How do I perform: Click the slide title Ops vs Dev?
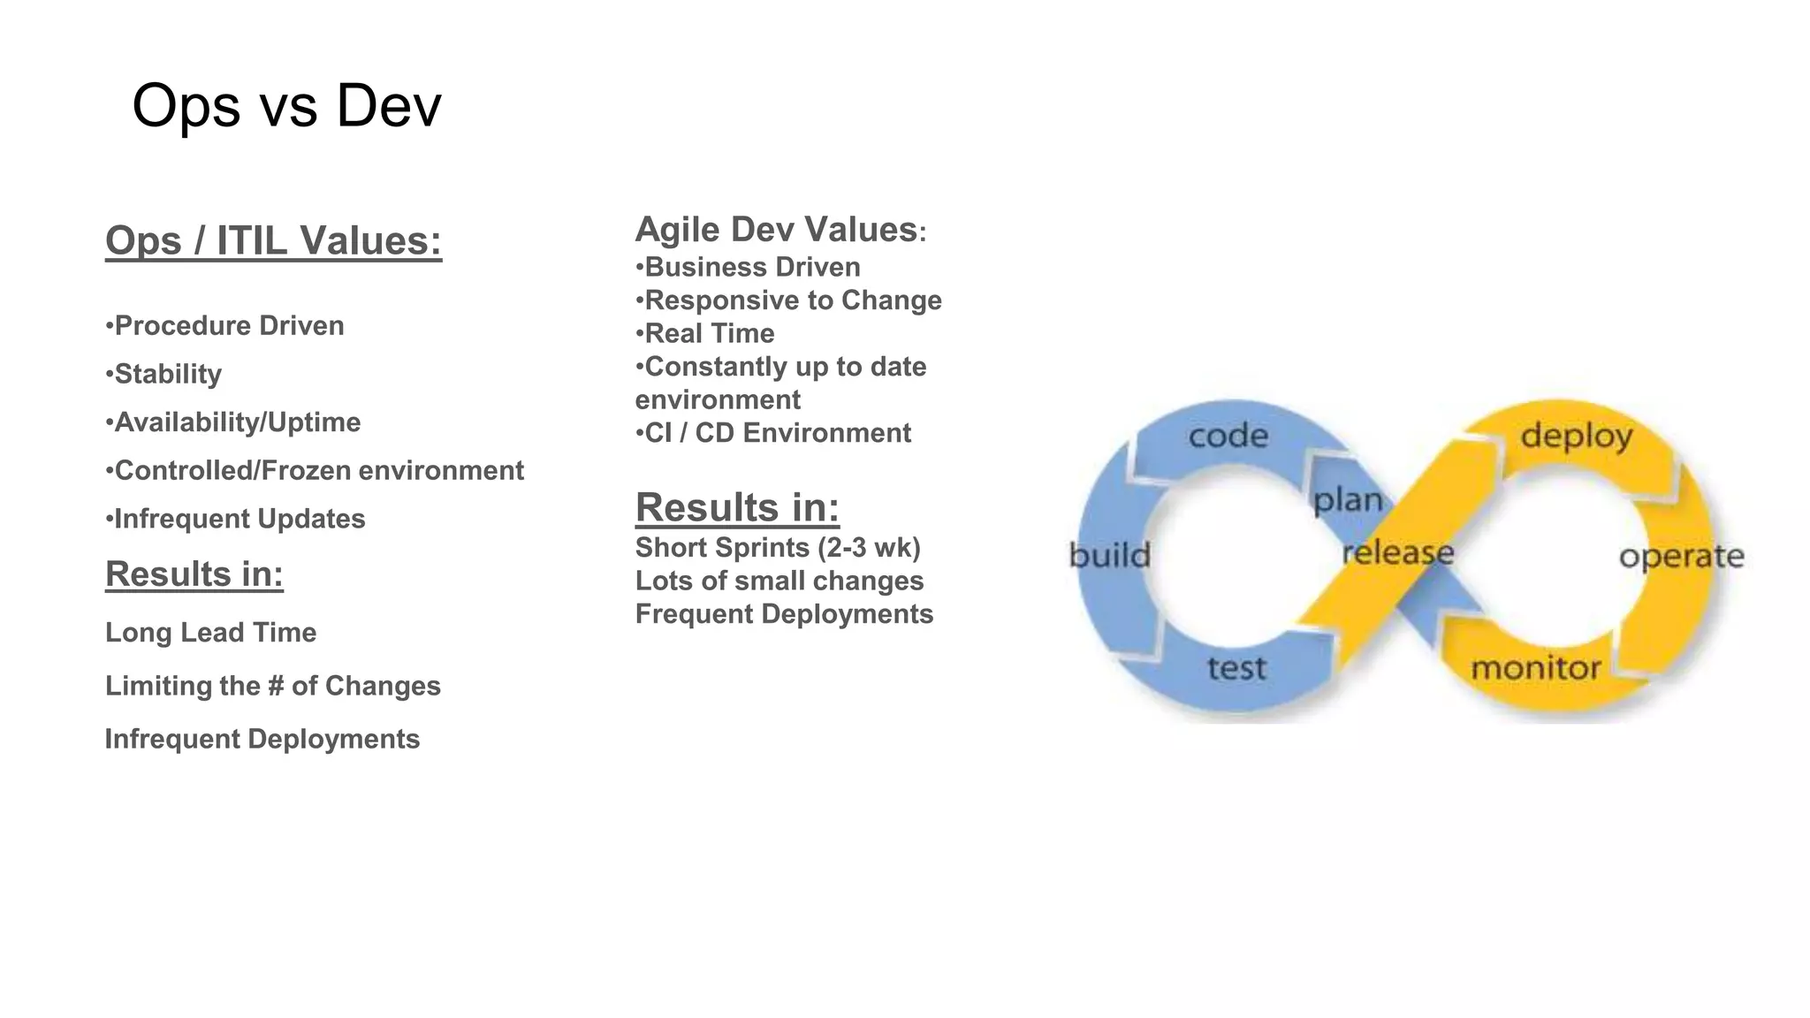tap(285, 106)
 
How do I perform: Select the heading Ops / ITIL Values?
tap(273, 240)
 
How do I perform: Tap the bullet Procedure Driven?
tap(224, 325)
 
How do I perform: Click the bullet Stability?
tap(164, 374)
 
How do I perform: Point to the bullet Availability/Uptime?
tap(233, 422)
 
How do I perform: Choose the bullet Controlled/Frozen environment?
tap(315, 470)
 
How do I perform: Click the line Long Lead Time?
tap(210, 633)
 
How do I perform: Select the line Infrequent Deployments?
tap(262, 739)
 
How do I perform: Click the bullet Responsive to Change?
tap(788, 300)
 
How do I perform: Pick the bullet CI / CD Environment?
tap(773, 433)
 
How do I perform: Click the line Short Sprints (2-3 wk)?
tap(778, 548)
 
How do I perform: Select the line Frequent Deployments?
tap(784, 614)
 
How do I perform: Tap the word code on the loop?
tap(1228, 436)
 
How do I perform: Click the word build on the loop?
tap(1109, 556)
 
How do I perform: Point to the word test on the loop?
tap(1236, 668)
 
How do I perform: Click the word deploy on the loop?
tap(1576, 436)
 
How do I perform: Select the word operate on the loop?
tap(1681, 557)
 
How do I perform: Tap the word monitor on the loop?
tap(1535, 668)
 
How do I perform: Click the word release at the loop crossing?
tap(1397, 553)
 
